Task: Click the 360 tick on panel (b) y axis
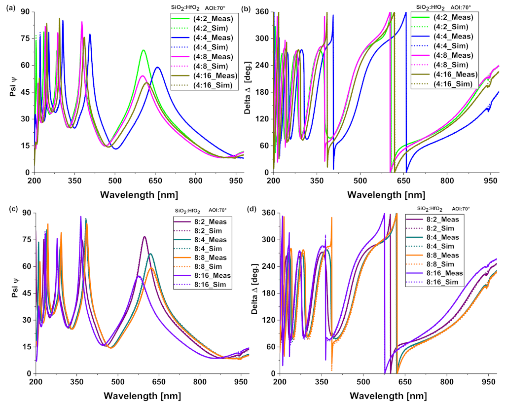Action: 264,11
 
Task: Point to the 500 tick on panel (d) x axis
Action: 363,382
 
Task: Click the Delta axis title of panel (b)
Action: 255,91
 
